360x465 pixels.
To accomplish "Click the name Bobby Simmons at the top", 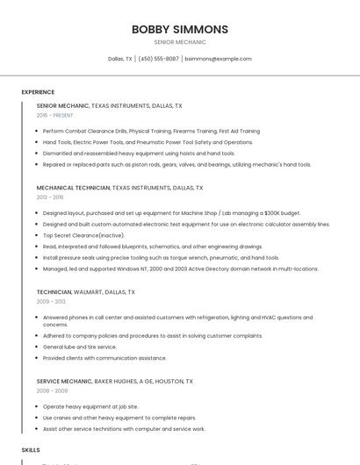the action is point(179,29).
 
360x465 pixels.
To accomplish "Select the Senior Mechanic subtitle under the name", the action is point(179,42).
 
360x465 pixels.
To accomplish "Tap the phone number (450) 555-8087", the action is point(158,59).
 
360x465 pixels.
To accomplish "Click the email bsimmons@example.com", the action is point(218,59).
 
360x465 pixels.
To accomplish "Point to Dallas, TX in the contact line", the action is point(119,59).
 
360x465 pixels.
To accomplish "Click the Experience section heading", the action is point(38,92).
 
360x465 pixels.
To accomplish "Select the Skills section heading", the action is point(31,449).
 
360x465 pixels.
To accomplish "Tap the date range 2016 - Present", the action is point(55,115).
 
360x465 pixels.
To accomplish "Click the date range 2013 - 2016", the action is point(50,197).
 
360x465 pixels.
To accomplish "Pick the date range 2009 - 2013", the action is point(51,301).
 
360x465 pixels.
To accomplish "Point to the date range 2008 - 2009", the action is point(51,391).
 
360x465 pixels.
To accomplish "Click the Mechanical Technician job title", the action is point(73,188).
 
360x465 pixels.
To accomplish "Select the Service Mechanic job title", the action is point(64,382).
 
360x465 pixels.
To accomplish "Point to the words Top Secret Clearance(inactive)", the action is point(83,235).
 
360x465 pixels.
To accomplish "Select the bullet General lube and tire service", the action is point(79,347).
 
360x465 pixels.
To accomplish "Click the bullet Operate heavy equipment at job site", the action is point(90,407).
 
